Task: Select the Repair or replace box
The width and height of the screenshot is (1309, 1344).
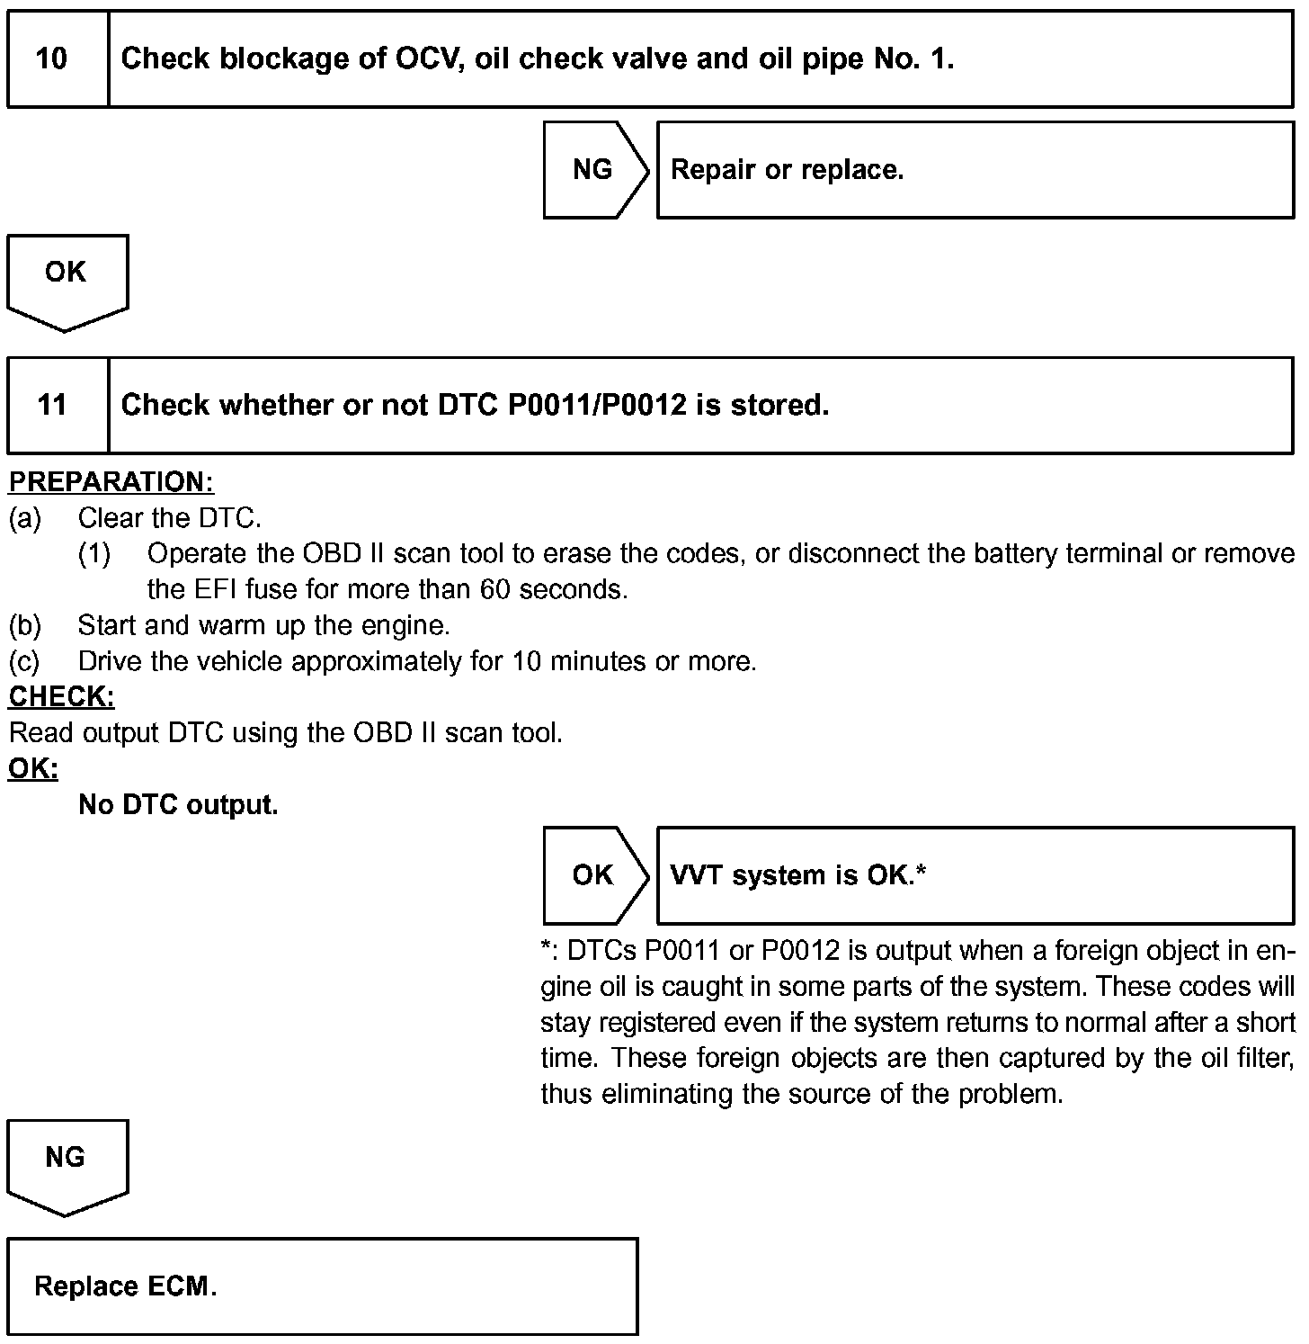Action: click(x=975, y=170)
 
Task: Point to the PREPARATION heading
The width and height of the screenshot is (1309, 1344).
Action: click(x=111, y=482)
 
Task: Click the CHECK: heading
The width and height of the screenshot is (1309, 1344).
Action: click(x=61, y=697)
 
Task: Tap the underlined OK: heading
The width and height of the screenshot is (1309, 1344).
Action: click(x=33, y=769)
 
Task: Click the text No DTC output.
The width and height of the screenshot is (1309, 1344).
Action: click(x=178, y=805)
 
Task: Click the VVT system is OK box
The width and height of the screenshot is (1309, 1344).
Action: click(x=975, y=875)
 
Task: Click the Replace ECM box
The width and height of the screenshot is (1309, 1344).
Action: click(x=322, y=1286)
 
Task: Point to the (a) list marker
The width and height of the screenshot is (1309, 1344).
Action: click(x=24, y=518)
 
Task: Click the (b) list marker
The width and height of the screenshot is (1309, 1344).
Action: click(x=24, y=625)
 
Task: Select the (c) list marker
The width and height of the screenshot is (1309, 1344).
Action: click(x=24, y=662)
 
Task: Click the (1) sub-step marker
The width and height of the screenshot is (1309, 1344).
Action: click(x=94, y=554)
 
